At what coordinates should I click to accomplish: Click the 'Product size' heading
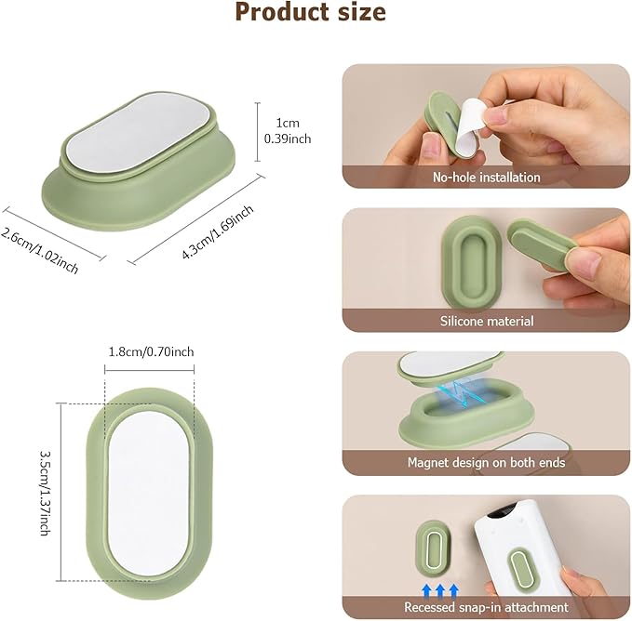point(310,12)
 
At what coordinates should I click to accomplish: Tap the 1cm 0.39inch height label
point(288,131)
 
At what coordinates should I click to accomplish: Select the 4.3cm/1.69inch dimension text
point(218,231)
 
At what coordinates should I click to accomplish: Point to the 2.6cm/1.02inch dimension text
point(39,250)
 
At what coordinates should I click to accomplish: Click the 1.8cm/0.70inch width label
point(151,351)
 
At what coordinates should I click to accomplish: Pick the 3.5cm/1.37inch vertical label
point(45,493)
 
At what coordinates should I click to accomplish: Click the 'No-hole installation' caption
point(486,177)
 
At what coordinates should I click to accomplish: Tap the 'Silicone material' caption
point(487,321)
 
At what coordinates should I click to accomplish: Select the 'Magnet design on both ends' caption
point(486,462)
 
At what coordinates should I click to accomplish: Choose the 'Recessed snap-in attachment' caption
point(486,606)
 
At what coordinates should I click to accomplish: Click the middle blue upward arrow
point(440,591)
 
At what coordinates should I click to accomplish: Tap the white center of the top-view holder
point(148,490)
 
